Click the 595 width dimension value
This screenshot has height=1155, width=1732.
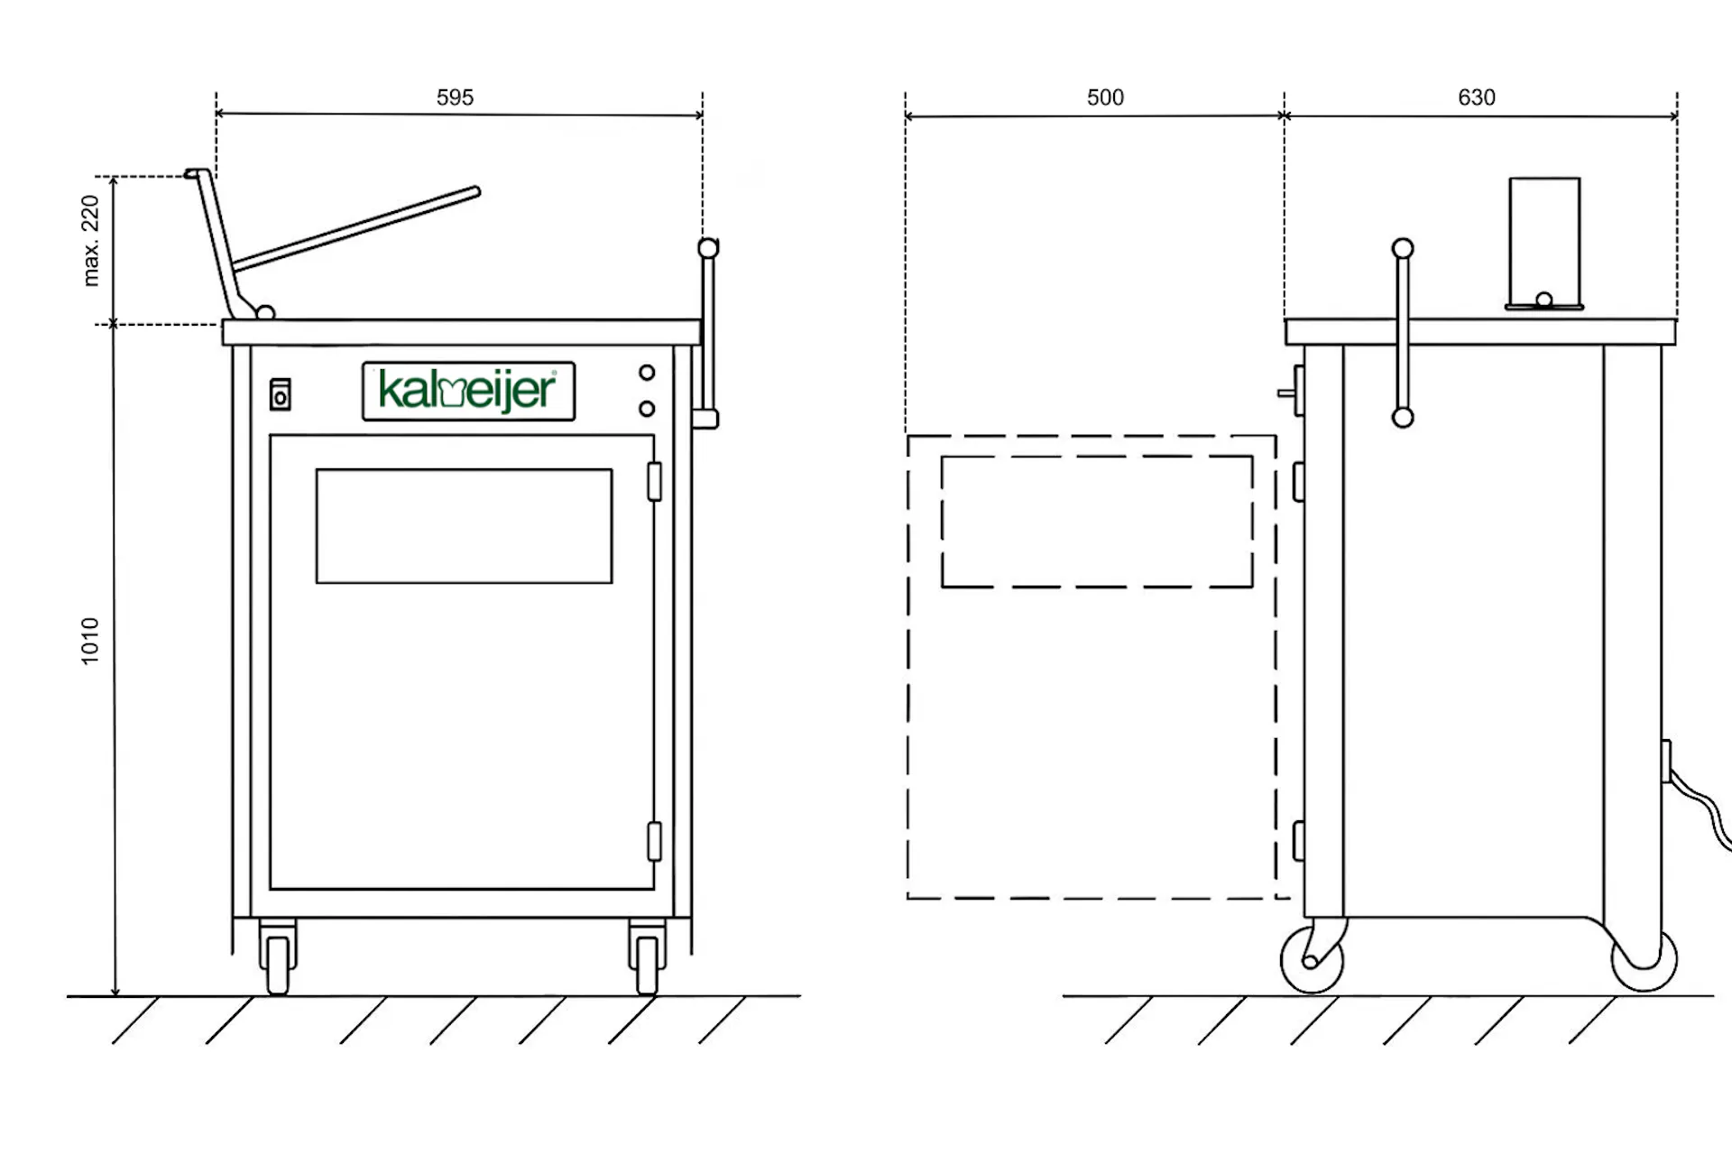click(455, 97)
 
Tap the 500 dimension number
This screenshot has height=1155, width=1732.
click(1105, 97)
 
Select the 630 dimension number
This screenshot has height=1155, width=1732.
click(1477, 97)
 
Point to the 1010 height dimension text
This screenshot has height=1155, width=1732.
click(90, 642)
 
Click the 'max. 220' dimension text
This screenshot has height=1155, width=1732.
click(90, 241)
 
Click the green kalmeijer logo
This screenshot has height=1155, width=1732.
click(468, 392)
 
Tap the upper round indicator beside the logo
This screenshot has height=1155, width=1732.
click(647, 372)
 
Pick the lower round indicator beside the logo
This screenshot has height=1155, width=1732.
click(647, 409)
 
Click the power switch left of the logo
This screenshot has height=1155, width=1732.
click(281, 393)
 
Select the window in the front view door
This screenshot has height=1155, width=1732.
click(464, 526)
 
